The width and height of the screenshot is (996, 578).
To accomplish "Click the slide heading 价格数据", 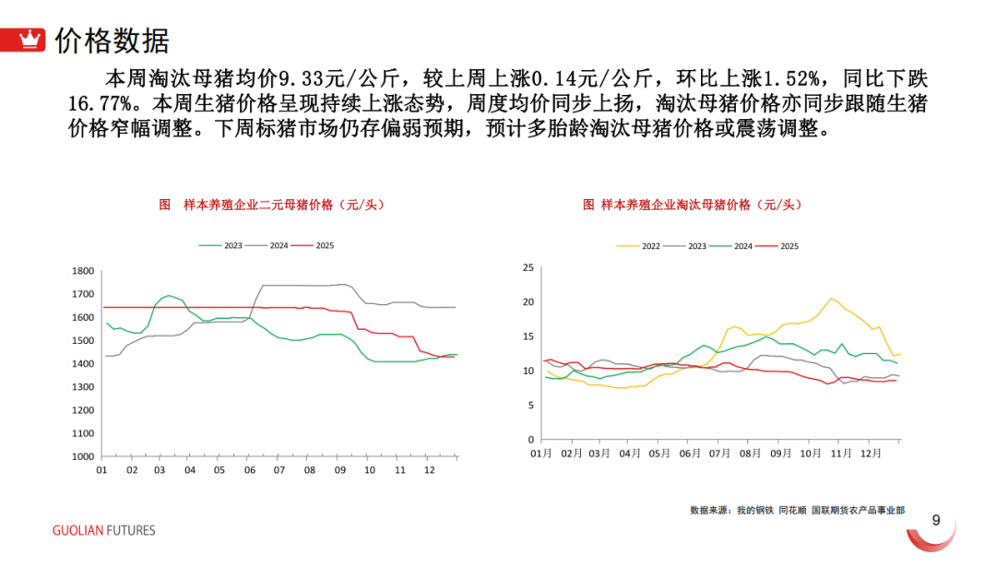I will tap(113, 40).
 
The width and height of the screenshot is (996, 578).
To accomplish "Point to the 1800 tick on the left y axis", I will tap(84, 271).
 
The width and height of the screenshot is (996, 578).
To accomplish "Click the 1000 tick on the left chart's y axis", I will tap(84, 456).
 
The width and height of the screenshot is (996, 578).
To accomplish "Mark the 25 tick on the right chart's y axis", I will tap(528, 268).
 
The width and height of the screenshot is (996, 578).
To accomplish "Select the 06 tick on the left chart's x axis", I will tap(249, 470).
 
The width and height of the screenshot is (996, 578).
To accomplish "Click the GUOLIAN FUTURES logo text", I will tap(103, 530).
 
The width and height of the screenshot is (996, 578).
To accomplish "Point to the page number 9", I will tap(936, 521).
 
